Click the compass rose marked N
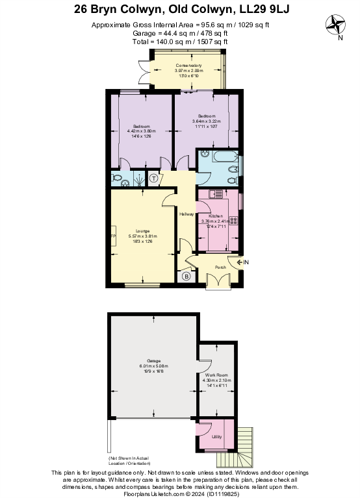pos(337,26)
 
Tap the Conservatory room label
pos(188,66)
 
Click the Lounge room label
pos(143,230)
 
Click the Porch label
pos(221,267)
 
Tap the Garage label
pos(153,360)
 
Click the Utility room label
pos(216,437)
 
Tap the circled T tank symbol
pos(154,179)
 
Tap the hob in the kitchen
pos(233,220)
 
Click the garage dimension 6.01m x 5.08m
pos(153,367)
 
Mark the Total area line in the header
pos(180,41)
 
